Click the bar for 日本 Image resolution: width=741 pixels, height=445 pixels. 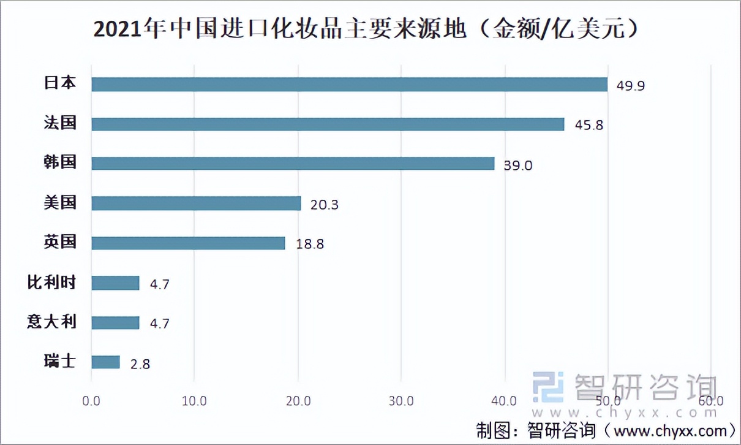click(x=349, y=85)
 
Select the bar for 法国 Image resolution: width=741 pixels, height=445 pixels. click(x=328, y=124)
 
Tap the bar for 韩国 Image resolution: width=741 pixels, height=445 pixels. click(x=293, y=164)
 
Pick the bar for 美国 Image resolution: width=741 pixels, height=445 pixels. click(x=196, y=203)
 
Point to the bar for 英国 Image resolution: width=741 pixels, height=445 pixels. click(x=188, y=243)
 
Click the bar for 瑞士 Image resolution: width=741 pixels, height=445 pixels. click(x=105, y=362)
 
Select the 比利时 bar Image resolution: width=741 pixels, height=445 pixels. click(x=115, y=283)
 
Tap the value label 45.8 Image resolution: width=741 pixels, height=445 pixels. click(x=589, y=125)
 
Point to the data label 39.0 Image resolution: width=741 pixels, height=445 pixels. click(x=518, y=165)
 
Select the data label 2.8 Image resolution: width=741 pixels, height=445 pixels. click(x=140, y=364)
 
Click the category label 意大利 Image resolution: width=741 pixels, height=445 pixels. click(x=52, y=322)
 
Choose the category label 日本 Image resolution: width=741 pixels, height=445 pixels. click(x=60, y=83)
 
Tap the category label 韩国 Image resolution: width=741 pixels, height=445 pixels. click(x=60, y=162)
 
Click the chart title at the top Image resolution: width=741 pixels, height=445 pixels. click(x=369, y=29)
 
